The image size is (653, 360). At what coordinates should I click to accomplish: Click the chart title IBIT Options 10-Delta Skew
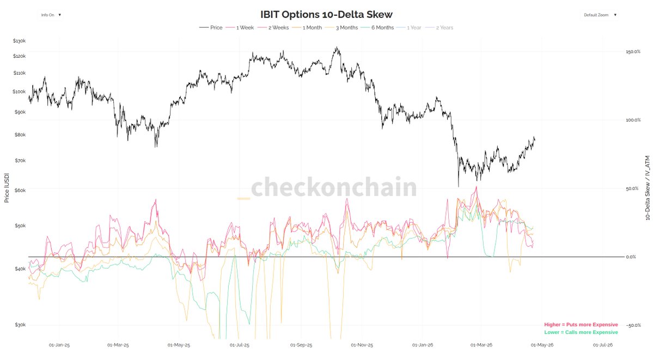pos(326,15)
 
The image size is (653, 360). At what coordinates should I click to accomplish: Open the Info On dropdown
pos(51,15)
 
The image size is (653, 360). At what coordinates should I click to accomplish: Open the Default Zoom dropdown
pos(600,15)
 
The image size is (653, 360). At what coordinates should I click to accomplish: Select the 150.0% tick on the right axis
pos(633,52)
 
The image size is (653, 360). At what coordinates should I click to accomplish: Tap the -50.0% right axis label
pos(633,325)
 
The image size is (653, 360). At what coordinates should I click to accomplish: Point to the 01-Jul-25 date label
pos(240,345)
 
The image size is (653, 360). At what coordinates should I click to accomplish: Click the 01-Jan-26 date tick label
pos(422,345)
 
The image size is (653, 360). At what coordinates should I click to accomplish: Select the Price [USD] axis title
pos(7,188)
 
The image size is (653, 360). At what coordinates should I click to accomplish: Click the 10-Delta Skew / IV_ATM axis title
pos(647,188)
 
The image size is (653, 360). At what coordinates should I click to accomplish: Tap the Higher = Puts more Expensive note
pos(581,325)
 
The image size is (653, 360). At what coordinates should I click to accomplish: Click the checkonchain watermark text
pos(334,188)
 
